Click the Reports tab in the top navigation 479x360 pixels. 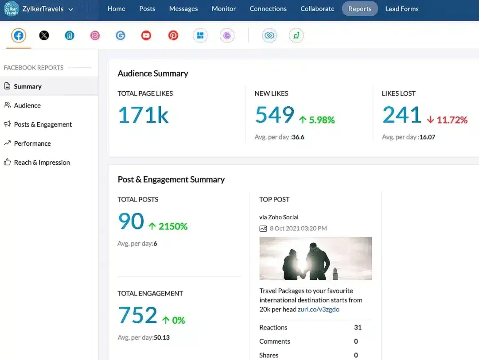(359, 9)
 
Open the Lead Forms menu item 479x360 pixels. (401, 9)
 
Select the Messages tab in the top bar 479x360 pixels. (183, 9)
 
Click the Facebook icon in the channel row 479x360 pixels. (19, 35)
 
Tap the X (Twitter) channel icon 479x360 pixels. (44, 35)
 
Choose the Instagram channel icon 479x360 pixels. (95, 35)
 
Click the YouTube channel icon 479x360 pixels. (146, 35)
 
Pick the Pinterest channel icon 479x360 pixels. (173, 35)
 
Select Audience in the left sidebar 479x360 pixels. (27, 105)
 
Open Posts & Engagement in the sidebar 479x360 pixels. (43, 124)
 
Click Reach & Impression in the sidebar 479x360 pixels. (42, 163)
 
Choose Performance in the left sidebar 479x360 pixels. (32, 143)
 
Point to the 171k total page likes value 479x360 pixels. (143, 115)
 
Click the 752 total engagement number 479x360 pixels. (138, 315)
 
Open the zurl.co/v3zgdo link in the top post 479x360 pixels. (318, 310)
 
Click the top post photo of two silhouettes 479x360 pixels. (315, 258)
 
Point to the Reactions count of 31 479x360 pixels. (358, 328)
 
